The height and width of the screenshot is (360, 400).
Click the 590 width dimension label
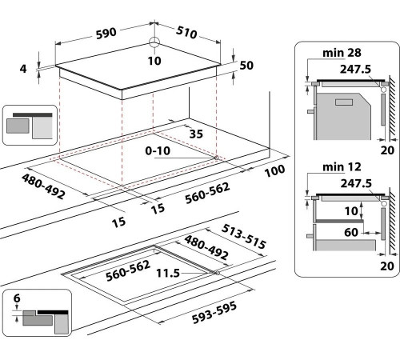point(106,33)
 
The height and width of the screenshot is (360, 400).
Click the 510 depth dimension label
point(186,32)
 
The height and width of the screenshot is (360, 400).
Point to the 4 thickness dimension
point(23,69)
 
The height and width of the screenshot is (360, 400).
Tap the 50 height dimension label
point(246,66)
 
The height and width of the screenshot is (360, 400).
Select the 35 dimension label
point(196,134)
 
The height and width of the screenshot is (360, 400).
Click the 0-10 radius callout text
point(158,151)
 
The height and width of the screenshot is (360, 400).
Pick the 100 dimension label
point(274,170)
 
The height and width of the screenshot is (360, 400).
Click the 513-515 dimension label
point(244,236)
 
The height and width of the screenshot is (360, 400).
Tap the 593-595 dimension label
point(214,313)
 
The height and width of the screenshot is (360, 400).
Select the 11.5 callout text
point(168,273)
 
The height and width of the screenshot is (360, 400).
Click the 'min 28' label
point(342,53)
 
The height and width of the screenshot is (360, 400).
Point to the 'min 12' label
point(342,167)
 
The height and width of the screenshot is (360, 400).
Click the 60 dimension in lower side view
point(351,232)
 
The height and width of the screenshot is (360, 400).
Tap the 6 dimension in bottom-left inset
point(17,298)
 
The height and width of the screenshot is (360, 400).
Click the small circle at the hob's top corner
point(154,42)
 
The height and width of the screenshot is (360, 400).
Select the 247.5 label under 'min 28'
point(355,69)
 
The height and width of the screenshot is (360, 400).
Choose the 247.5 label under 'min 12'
point(356,183)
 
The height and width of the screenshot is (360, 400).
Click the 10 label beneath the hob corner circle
point(154,61)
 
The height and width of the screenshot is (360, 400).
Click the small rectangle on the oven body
point(344,102)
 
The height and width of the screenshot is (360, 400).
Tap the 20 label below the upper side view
point(387,150)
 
